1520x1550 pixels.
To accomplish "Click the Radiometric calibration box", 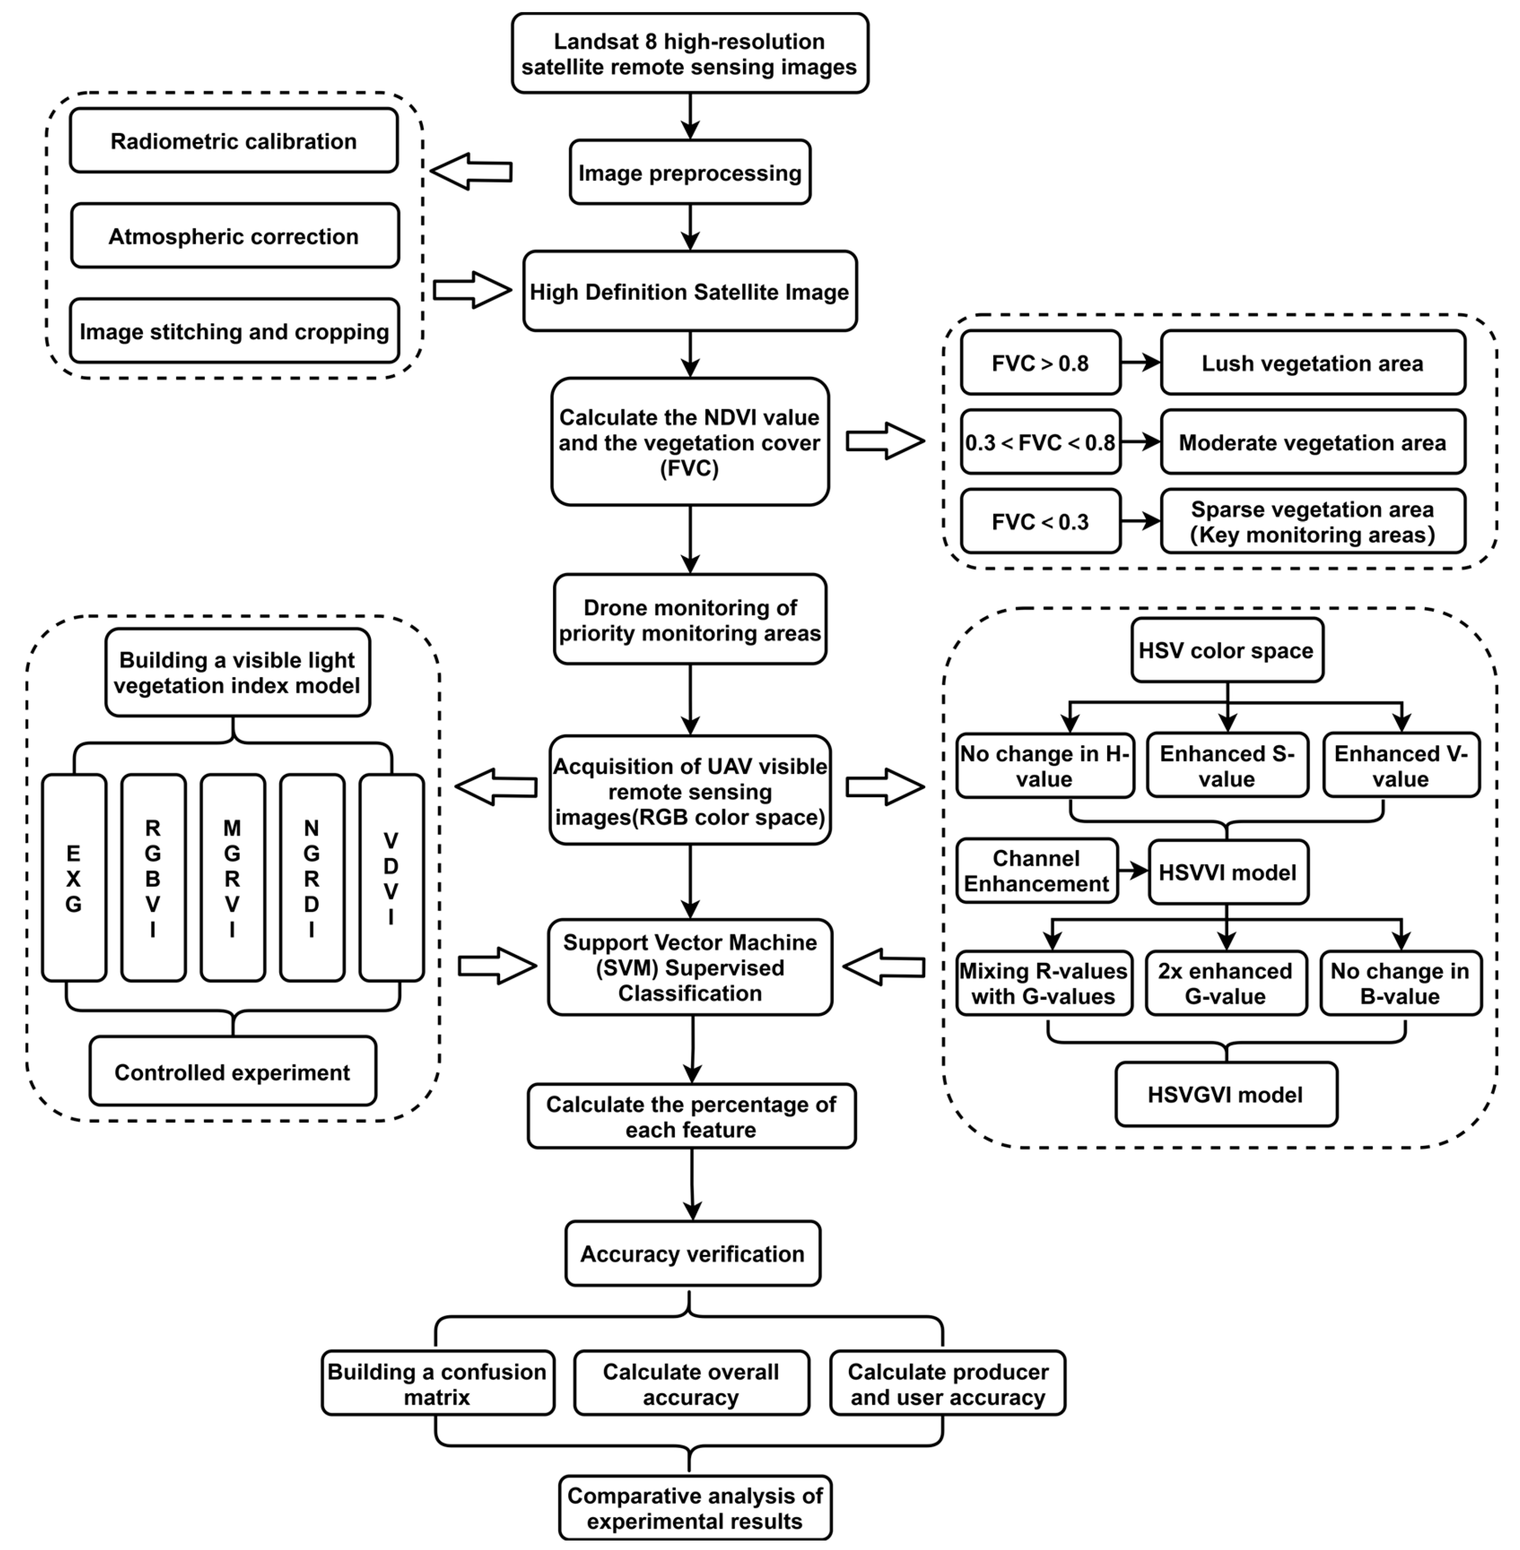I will tap(233, 141).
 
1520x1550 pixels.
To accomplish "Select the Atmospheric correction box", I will tap(234, 236).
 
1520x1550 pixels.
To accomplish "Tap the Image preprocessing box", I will tap(690, 173).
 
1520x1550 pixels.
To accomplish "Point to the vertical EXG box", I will tap(73, 878).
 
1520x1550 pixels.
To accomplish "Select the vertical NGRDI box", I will tap(311, 878).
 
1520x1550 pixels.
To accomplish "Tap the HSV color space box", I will tap(1226, 650).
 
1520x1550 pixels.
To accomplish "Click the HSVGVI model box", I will tap(1225, 1094).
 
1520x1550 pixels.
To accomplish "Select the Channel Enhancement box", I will tap(1036, 871).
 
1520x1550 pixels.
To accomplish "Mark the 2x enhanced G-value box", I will tap(1225, 983).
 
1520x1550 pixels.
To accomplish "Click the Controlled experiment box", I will tap(232, 1072).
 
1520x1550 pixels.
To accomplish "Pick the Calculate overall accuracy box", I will tap(691, 1384).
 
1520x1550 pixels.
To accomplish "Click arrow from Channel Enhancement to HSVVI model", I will tap(1133, 871).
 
